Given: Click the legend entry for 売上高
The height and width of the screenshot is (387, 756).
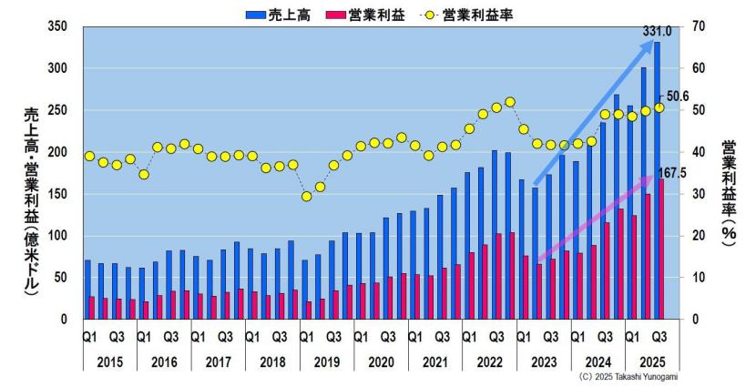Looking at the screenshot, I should (x=281, y=13).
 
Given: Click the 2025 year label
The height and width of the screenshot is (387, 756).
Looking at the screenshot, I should (x=653, y=362).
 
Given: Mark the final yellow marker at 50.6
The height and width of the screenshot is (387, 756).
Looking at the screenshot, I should (x=659, y=107).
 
